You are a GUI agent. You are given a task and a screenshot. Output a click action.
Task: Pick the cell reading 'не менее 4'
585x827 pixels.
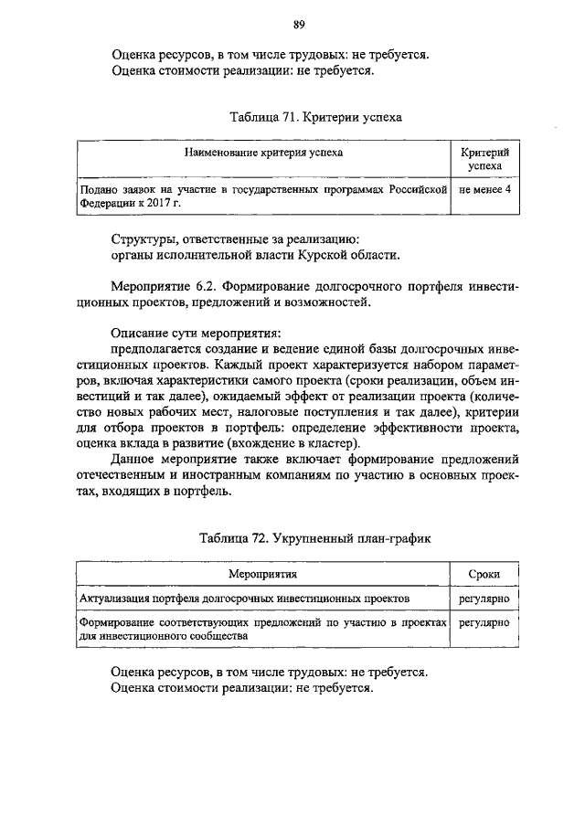485,190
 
